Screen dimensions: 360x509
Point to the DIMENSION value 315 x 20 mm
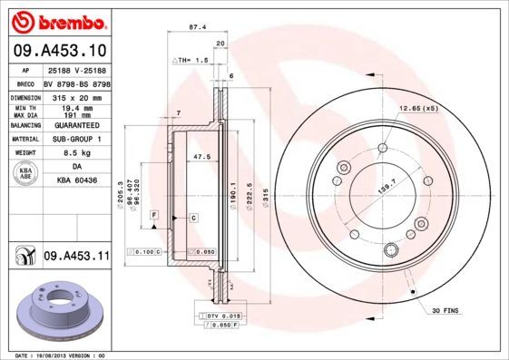click(x=75, y=96)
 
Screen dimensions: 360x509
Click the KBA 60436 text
click(x=76, y=181)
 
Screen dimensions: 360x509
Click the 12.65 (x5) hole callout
click(x=416, y=109)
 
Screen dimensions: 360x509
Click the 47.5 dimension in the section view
click(x=201, y=157)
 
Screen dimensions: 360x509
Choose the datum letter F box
click(x=155, y=213)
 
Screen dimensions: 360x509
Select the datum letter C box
click(x=193, y=219)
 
